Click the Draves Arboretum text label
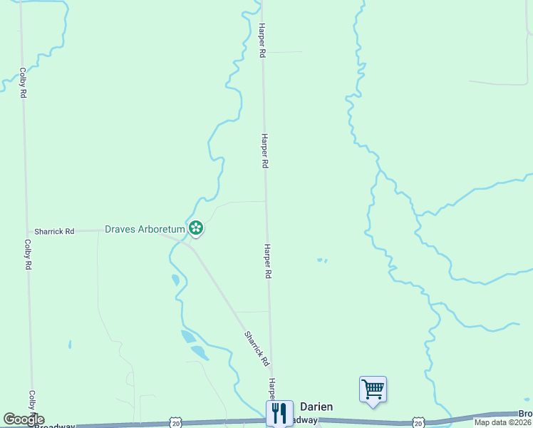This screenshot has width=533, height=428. [145, 229]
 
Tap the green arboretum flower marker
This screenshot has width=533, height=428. [196, 228]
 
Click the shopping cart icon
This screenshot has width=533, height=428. [373, 389]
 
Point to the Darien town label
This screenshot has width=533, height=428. [315, 407]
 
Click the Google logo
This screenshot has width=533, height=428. [23, 419]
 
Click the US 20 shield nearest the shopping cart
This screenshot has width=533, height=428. [418, 423]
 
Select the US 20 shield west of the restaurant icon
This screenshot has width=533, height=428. [176, 423]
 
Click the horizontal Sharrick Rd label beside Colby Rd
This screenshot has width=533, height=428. [54, 231]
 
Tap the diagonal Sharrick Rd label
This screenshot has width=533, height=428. [257, 348]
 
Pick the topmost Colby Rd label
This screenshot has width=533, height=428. [24, 82]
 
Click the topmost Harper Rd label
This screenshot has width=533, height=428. [262, 40]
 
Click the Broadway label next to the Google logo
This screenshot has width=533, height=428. [56, 425]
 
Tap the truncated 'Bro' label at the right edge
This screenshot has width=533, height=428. [525, 414]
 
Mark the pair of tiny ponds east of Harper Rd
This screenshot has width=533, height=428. [322, 260]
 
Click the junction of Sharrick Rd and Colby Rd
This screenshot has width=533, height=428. [28, 231]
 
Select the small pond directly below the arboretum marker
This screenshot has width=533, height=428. [175, 280]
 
